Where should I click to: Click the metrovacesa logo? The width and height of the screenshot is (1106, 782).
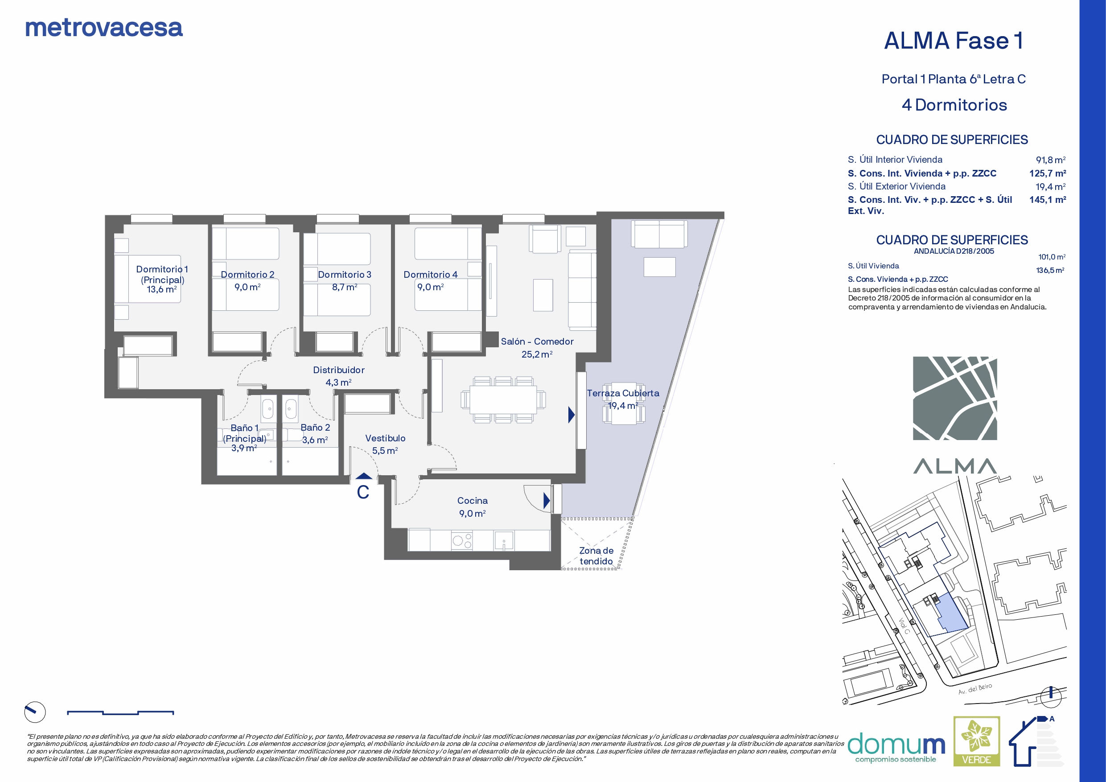[x=104, y=28]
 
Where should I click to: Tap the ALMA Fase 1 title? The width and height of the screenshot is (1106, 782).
[x=954, y=41]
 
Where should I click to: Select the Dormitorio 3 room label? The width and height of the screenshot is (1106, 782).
[x=345, y=275]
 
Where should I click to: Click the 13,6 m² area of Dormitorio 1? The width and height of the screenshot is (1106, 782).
[x=162, y=290]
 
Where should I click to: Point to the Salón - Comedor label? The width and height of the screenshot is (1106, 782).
[x=537, y=342]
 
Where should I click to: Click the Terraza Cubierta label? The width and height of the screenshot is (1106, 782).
[x=623, y=393]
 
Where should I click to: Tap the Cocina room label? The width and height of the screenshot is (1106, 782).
[x=473, y=501]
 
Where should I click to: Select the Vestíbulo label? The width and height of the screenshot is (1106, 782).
[x=385, y=438]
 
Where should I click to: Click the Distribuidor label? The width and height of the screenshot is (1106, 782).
[x=339, y=370]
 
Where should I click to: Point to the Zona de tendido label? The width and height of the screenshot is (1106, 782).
[x=596, y=556]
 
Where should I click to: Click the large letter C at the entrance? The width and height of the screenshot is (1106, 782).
[x=363, y=492]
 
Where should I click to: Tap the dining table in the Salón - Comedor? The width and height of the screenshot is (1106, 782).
[x=503, y=400]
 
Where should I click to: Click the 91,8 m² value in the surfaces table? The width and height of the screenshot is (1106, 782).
[x=1051, y=160]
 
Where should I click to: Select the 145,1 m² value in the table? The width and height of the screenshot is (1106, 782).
[x=1048, y=199]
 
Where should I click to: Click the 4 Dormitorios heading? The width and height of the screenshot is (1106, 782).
[x=954, y=105]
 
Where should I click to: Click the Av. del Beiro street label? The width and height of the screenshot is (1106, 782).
[x=975, y=688]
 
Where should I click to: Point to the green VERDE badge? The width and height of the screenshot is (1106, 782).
[x=977, y=741]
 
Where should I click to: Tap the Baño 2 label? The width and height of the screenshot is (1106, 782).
[x=316, y=428]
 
